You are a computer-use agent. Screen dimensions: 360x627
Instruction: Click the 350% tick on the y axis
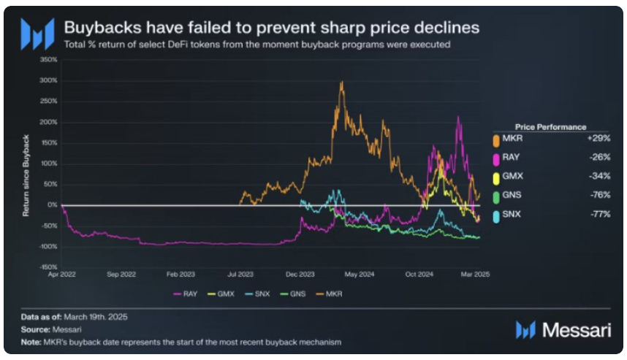[x=49, y=59]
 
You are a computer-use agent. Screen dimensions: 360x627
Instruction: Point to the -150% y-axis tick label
[x=47, y=267]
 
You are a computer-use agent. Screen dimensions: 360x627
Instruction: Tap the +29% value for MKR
[x=599, y=137]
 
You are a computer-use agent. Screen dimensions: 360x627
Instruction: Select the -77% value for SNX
[x=599, y=214]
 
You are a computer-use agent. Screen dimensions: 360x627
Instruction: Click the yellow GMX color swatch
[x=497, y=176]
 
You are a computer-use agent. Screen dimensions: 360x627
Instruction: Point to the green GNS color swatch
[x=497, y=195]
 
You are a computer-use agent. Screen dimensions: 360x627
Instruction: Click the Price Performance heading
[x=550, y=126]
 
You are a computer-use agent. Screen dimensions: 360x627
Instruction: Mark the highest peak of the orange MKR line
[x=342, y=83]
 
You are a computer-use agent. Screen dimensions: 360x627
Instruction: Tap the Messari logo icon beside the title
[x=37, y=33]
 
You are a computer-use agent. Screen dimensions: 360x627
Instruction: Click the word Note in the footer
[x=30, y=342]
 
